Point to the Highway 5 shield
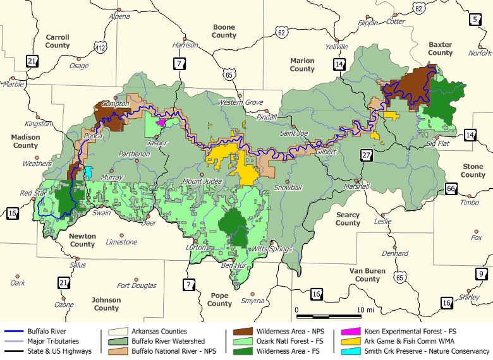tap(476, 20)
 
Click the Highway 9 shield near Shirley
tap(482, 274)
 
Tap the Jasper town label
tap(157, 143)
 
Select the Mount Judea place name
tap(202, 181)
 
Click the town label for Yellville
tap(336, 47)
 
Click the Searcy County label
tap(348, 219)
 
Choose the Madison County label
tap(25, 141)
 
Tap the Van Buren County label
tap(367, 275)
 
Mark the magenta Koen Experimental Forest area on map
tap(161, 122)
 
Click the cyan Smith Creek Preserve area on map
tap(88, 172)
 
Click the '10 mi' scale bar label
tap(366, 310)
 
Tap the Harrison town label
tap(185, 45)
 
